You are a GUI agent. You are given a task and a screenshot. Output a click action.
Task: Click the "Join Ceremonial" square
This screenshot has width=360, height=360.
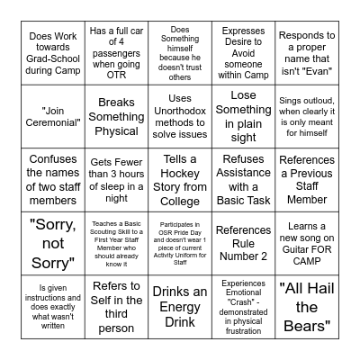tap(52, 117)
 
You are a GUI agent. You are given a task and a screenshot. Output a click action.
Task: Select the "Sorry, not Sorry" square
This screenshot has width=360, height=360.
tap(52, 243)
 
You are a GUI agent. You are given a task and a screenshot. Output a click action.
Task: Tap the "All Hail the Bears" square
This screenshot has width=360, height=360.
tap(306, 306)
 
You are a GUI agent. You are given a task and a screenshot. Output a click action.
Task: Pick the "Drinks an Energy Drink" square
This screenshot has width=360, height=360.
tap(179, 306)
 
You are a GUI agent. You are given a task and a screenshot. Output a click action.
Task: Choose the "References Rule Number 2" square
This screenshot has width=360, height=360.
tap(243, 243)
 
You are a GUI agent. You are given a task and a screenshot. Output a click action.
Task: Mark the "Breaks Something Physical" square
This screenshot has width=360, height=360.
tap(116, 117)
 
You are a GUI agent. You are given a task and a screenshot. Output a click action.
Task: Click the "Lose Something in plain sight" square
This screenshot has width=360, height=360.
tap(243, 117)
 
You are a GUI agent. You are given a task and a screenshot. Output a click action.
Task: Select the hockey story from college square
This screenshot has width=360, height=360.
tap(179, 180)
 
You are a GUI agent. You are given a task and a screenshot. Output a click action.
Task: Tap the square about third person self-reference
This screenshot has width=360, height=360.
tap(116, 306)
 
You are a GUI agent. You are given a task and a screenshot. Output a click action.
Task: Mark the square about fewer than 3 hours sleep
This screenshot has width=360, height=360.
tap(116, 180)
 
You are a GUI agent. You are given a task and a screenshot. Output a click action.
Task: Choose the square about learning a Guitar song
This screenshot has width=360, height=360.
tap(306, 243)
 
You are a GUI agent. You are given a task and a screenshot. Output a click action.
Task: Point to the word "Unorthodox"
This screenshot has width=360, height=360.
tap(179, 111)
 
